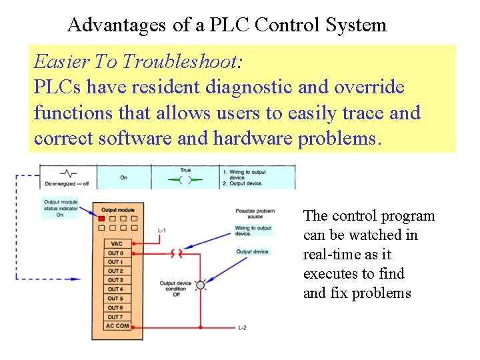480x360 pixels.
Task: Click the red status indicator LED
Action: pos(101,218)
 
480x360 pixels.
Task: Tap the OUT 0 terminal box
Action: pos(115,253)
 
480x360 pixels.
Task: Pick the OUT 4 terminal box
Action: pos(115,289)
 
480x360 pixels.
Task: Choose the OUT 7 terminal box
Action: pos(115,317)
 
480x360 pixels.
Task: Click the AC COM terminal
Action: pos(117,326)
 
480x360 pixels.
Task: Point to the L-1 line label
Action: pos(161,231)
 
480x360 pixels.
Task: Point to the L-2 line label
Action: pos(244,329)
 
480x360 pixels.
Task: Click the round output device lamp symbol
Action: pos(200,285)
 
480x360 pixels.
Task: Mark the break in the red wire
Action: pos(176,253)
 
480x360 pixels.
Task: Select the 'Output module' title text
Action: pos(117,210)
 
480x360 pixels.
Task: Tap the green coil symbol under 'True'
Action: pos(185,180)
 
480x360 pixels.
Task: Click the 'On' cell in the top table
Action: pos(123,178)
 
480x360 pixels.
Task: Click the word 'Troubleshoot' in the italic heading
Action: pos(180,62)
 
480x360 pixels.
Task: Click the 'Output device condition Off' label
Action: pos(175,289)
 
